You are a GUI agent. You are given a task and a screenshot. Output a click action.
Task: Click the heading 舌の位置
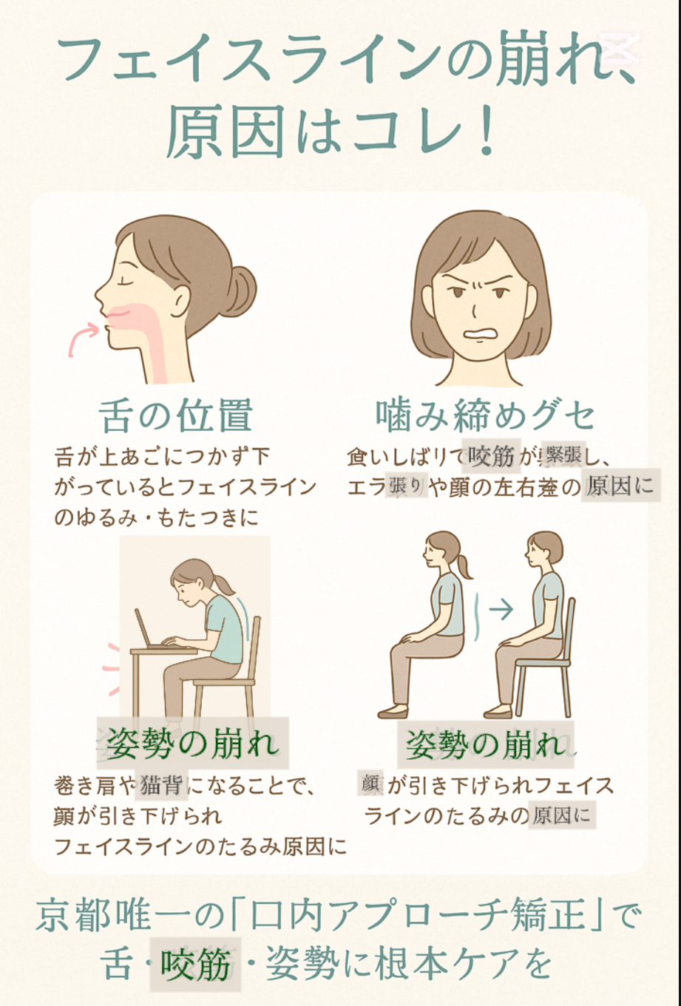tap(176, 416)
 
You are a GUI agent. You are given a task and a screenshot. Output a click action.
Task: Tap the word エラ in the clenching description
tap(365, 487)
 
